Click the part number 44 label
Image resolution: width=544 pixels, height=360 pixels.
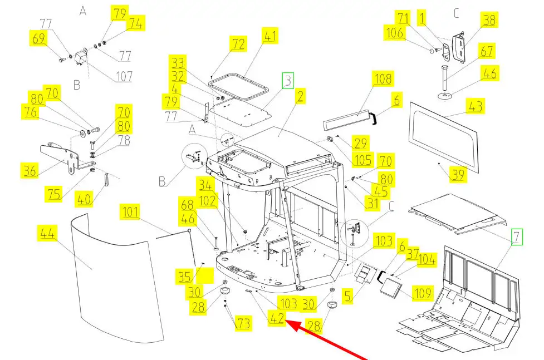coord(47,233)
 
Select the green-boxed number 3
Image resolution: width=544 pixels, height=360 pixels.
coord(288,81)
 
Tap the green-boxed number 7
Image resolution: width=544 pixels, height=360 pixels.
coord(517,237)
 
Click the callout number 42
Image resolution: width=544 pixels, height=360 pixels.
coord(277,318)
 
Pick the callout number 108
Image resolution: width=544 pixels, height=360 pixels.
coord(383,78)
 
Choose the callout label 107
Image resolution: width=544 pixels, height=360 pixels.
coord(124,76)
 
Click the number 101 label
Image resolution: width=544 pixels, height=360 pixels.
coord(130,211)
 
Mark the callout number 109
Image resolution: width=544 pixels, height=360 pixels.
coord(423,293)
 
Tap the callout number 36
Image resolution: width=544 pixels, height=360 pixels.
coord(30,171)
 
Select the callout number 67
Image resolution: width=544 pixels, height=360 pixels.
coord(487,51)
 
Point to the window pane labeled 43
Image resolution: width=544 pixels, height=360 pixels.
coord(444,137)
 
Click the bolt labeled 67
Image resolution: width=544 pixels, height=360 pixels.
coord(445,77)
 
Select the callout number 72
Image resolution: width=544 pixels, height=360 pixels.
coord(238,44)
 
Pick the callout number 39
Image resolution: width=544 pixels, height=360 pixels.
coord(458,175)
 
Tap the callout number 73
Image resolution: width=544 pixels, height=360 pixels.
coord(243,323)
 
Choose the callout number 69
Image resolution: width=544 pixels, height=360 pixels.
coord(38,38)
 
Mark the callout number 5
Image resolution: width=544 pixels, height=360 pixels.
coord(347,296)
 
